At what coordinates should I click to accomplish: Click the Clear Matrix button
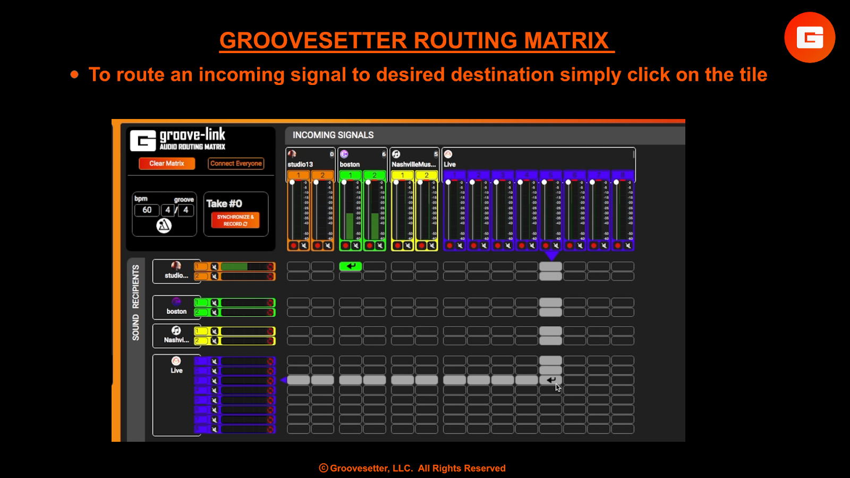166,164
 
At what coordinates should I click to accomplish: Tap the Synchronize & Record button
235,220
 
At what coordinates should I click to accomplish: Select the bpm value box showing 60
147,210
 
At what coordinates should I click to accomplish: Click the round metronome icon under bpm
164,226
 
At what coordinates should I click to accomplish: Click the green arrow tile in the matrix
351,266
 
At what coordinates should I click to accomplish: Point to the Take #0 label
224,203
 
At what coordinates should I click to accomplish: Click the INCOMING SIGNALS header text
333,135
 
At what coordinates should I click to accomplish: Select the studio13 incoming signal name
300,165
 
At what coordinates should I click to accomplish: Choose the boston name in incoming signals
350,165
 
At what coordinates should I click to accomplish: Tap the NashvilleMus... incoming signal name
413,165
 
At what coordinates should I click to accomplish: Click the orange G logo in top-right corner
810,38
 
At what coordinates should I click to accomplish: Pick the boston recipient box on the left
176,307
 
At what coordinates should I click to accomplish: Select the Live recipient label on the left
176,371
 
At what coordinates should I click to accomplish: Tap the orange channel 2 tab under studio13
322,175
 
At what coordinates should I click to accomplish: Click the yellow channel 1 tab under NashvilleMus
403,175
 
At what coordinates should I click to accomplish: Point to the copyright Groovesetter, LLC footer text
412,468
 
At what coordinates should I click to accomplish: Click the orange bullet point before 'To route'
74,75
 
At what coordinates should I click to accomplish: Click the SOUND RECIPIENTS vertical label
136,303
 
